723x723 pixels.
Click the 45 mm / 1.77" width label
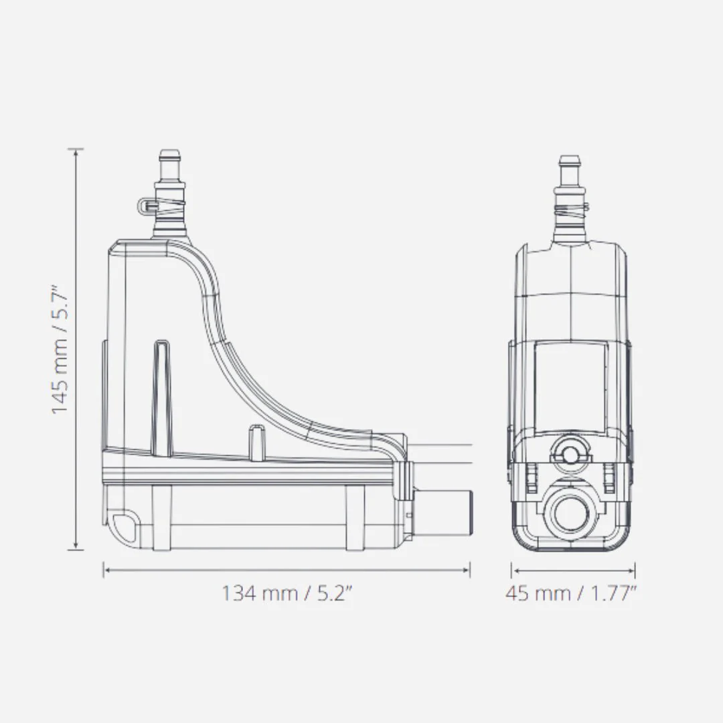571,593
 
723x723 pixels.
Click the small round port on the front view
571,455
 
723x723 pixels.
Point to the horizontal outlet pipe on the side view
442,513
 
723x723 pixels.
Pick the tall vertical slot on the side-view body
162,398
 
